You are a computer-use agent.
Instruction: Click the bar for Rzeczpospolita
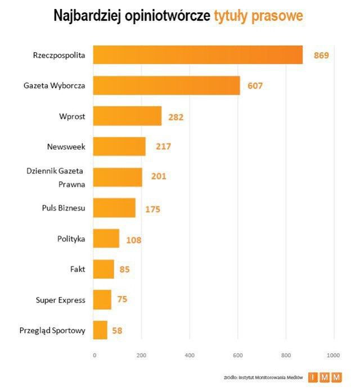point(197,55)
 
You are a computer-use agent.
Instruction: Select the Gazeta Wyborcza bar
point(166,86)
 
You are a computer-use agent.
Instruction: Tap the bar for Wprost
point(127,116)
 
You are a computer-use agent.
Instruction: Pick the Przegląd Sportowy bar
point(100,330)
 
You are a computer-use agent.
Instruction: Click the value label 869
point(321,56)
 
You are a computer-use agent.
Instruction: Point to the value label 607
point(255,86)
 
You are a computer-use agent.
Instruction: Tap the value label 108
point(133,240)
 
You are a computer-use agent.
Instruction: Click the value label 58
point(117,330)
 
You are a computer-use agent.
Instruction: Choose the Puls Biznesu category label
point(64,208)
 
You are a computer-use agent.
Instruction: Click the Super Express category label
point(61,300)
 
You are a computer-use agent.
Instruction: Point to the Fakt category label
point(77,269)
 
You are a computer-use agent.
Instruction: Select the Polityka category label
point(71,239)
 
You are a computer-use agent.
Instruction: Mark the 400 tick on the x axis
point(190,355)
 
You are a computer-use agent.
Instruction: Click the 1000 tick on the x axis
point(334,355)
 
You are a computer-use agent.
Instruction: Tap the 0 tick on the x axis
point(94,355)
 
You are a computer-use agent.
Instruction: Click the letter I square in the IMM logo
point(313,377)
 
